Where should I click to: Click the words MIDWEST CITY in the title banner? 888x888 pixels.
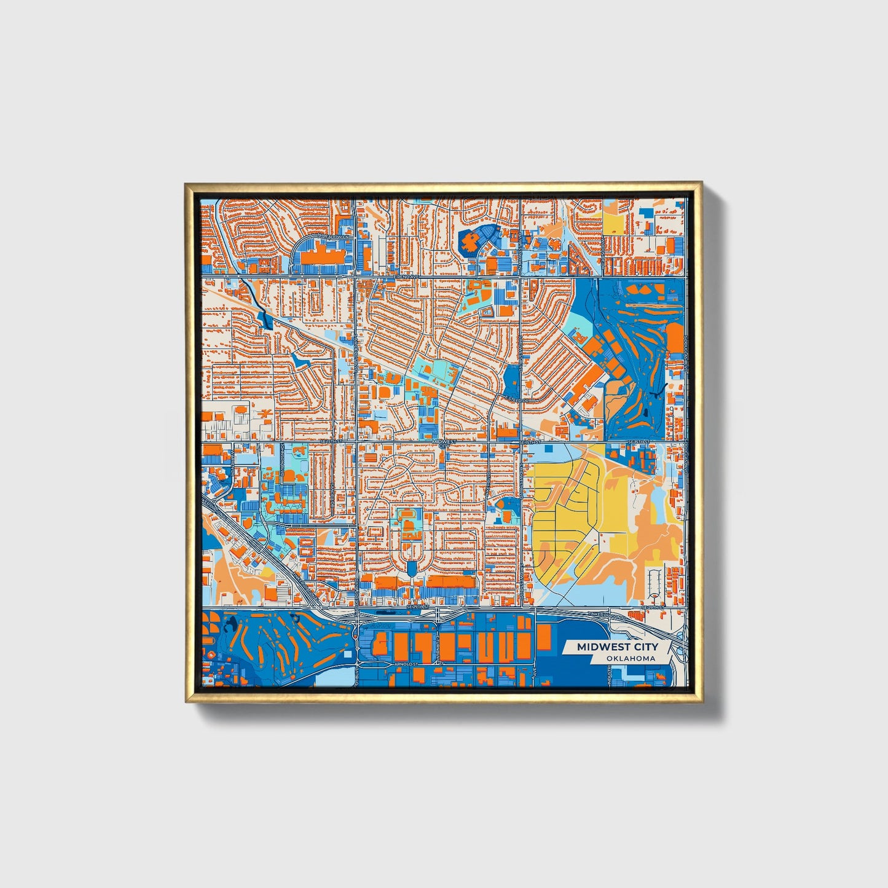click(x=617, y=646)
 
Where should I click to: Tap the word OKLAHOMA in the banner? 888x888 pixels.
click(x=630, y=658)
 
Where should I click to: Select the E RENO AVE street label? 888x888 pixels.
click(x=406, y=277)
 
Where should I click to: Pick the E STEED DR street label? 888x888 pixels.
click(x=517, y=400)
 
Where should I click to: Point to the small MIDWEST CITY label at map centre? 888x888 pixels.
click(x=444, y=442)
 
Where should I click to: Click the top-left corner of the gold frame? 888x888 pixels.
click(x=186, y=183)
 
